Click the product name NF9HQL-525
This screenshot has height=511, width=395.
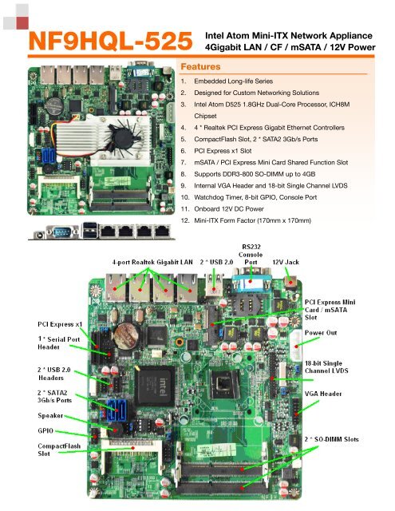pos(111,41)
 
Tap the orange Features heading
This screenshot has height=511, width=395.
pos(200,66)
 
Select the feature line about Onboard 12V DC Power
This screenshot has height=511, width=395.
pos(229,209)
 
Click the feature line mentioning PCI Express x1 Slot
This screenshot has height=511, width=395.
pos(223,151)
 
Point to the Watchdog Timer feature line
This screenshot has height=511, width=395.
pos(255,197)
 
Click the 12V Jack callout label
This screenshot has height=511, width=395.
pos(286,262)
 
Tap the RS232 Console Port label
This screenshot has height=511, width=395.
pos(251,255)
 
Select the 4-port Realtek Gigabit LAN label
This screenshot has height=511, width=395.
pos(152,262)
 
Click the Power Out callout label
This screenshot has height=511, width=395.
pos(321,333)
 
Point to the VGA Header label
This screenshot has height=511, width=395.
pos(323,394)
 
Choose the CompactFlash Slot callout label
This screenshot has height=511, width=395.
pos(59,450)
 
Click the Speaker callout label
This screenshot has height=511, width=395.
pos(50,415)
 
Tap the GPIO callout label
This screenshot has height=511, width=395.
pos(45,431)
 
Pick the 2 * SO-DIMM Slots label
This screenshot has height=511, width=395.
pos(331,439)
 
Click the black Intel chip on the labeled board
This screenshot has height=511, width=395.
pos(155,386)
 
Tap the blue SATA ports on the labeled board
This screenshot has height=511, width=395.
pos(116,409)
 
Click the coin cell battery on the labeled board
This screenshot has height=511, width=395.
pos(127,336)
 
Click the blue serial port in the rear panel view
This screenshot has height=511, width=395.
pos(62,232)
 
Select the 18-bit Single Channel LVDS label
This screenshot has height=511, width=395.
pos(326,367)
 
